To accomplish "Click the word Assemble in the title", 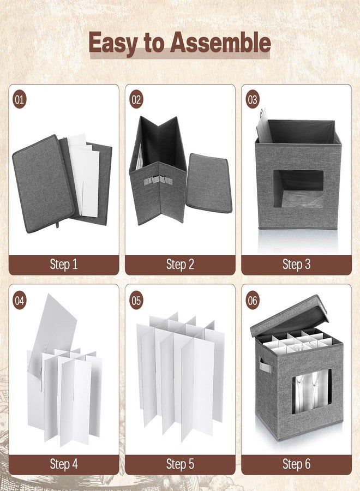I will coord(220,43).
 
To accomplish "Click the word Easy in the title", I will coord(113,43).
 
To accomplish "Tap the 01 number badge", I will coord(20,100).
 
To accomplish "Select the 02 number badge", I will coord(136,100).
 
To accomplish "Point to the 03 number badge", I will coord(253,100).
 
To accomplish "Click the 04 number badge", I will coord(20,300).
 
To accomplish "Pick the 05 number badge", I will coord(136,300).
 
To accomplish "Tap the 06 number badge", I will coord(253,300).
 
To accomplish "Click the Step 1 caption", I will coord(64,265).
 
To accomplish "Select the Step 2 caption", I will coord(180,265).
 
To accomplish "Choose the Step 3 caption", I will coord(296,265).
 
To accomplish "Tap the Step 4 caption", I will coord(64,464).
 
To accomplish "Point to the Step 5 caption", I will coord(180,464).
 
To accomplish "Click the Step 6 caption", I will coord(296,464).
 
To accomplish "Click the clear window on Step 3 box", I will coord(298,188).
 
